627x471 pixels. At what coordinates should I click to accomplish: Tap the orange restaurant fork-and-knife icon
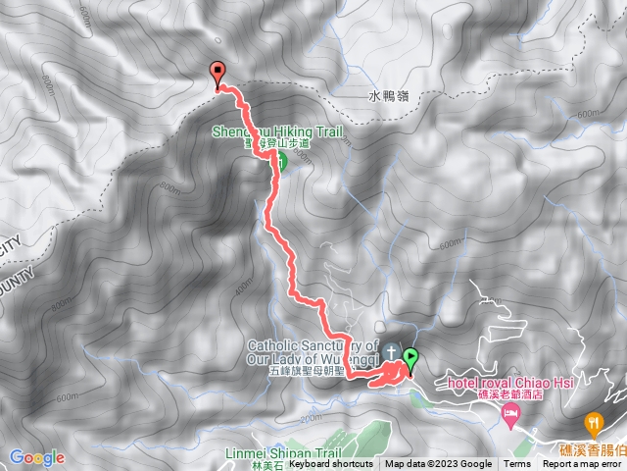coord(593,425)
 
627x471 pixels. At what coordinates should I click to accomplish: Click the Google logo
coord(36,457)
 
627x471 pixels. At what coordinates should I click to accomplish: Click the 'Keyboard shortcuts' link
coord(331,464)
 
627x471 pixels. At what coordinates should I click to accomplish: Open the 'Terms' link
coord(517,464)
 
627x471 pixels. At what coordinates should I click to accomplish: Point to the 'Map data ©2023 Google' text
coord(438,464)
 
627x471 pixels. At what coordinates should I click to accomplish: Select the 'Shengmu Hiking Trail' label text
coord(280,131)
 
